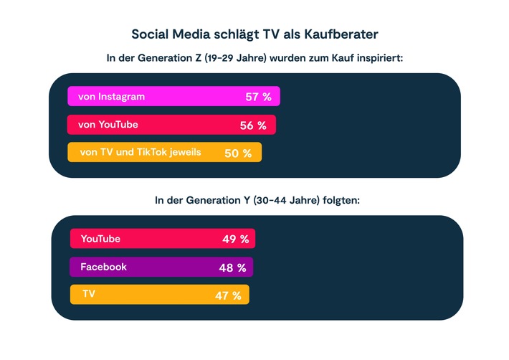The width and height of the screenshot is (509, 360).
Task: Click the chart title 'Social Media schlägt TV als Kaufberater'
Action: pos(255,33)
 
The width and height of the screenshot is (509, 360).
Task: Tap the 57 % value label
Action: pos(257,97)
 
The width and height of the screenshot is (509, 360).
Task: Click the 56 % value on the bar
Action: pos(253,125)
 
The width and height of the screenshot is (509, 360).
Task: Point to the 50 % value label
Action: pos(238,153)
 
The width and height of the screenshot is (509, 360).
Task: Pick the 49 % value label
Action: pos(235,240)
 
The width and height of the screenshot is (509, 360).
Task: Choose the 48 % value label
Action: pos(232,267)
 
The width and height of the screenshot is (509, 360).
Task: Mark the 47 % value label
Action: pos(228,295)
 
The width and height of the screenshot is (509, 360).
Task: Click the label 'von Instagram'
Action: pos(111,97)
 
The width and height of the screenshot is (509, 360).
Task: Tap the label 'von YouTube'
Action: pos(108,125)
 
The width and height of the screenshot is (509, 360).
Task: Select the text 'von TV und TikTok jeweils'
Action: pos(141,152)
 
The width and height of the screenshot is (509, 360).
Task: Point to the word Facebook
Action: pos(103,267)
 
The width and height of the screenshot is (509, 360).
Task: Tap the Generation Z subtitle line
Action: pos(255,58)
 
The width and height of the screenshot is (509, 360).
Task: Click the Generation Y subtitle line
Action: pos(257,200)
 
